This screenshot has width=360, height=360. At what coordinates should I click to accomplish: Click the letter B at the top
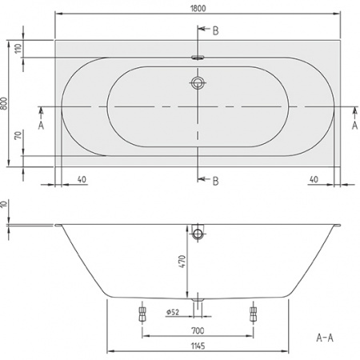pyautogui.click(x=214, y=30)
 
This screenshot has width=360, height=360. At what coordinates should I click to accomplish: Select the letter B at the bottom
pyautogui.click(x=214, y=179)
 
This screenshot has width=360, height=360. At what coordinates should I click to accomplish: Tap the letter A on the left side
pyautogui.click(x=40, y=124)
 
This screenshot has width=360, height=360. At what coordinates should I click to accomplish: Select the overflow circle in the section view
pyautogui.click(x=198, y=234)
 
